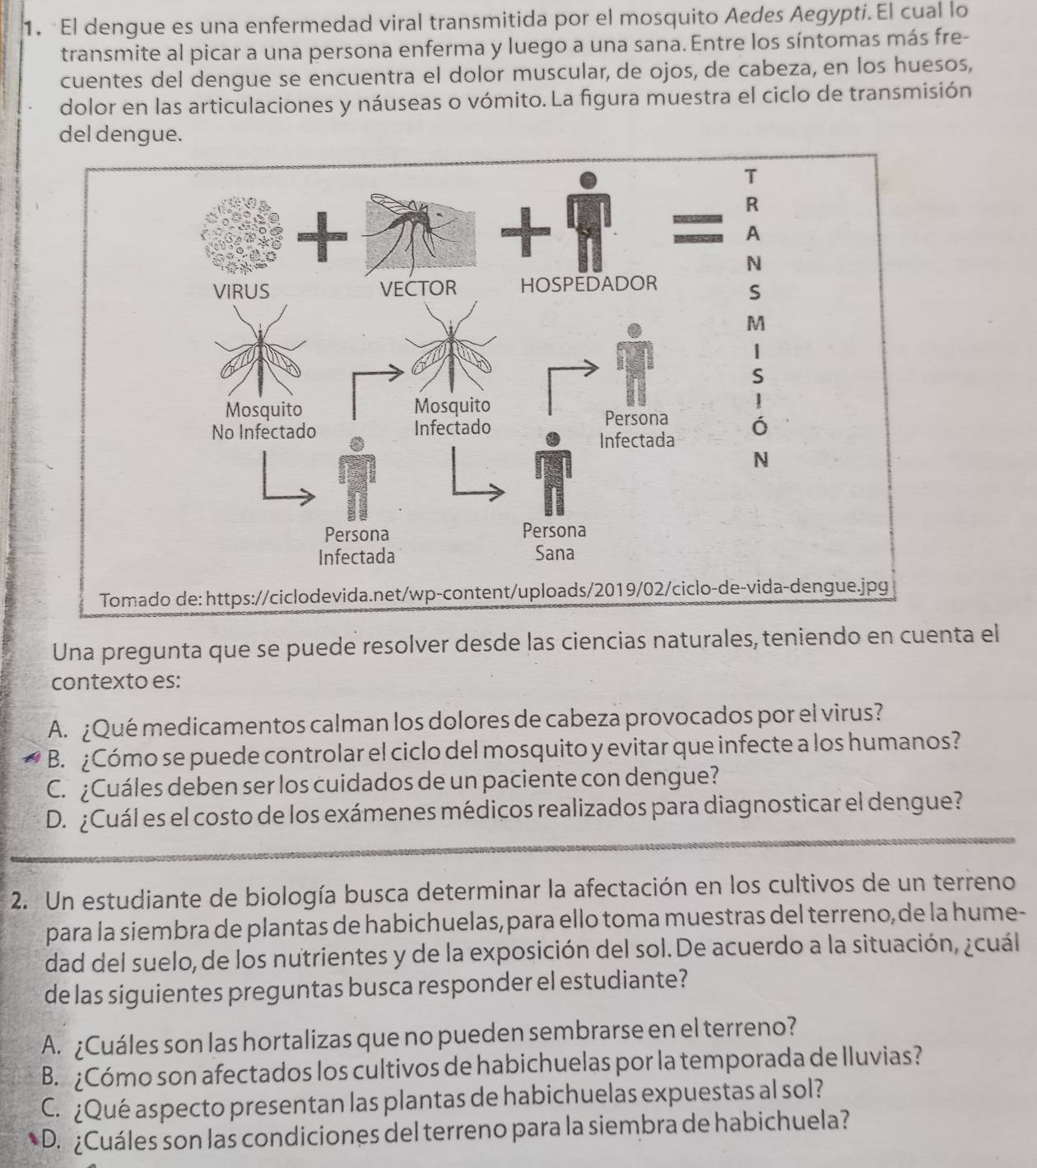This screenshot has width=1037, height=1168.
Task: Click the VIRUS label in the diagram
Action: tap(241, 291)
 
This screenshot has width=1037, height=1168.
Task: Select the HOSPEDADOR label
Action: tap(589, 285)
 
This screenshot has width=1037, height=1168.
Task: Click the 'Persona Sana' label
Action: tap(554, 541)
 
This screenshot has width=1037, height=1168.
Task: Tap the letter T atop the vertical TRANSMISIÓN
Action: tap(749, 174)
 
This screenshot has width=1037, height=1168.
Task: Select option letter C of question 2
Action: tap(49, 1100)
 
